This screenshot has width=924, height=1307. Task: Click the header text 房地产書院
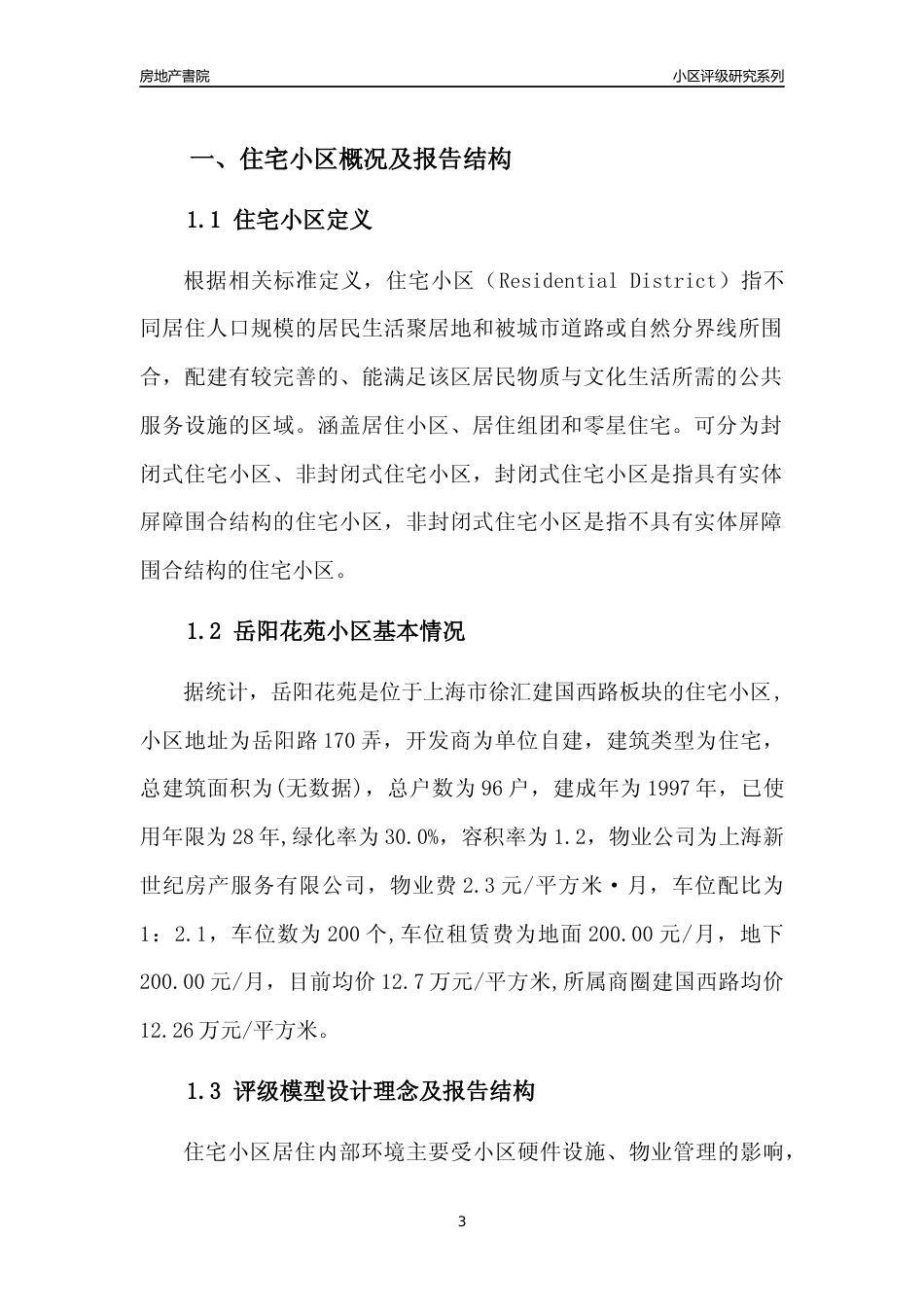click(174, 76)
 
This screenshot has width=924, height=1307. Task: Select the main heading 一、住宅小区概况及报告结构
click(349, 159)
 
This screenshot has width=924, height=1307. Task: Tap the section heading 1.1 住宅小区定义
click(278, 220)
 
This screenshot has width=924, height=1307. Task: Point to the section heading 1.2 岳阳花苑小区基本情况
click(325, 631)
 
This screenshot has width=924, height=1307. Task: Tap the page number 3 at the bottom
click(462, 1221)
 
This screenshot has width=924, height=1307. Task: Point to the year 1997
click(669, 788)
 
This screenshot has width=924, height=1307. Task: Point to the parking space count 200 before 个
click(345, 934)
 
